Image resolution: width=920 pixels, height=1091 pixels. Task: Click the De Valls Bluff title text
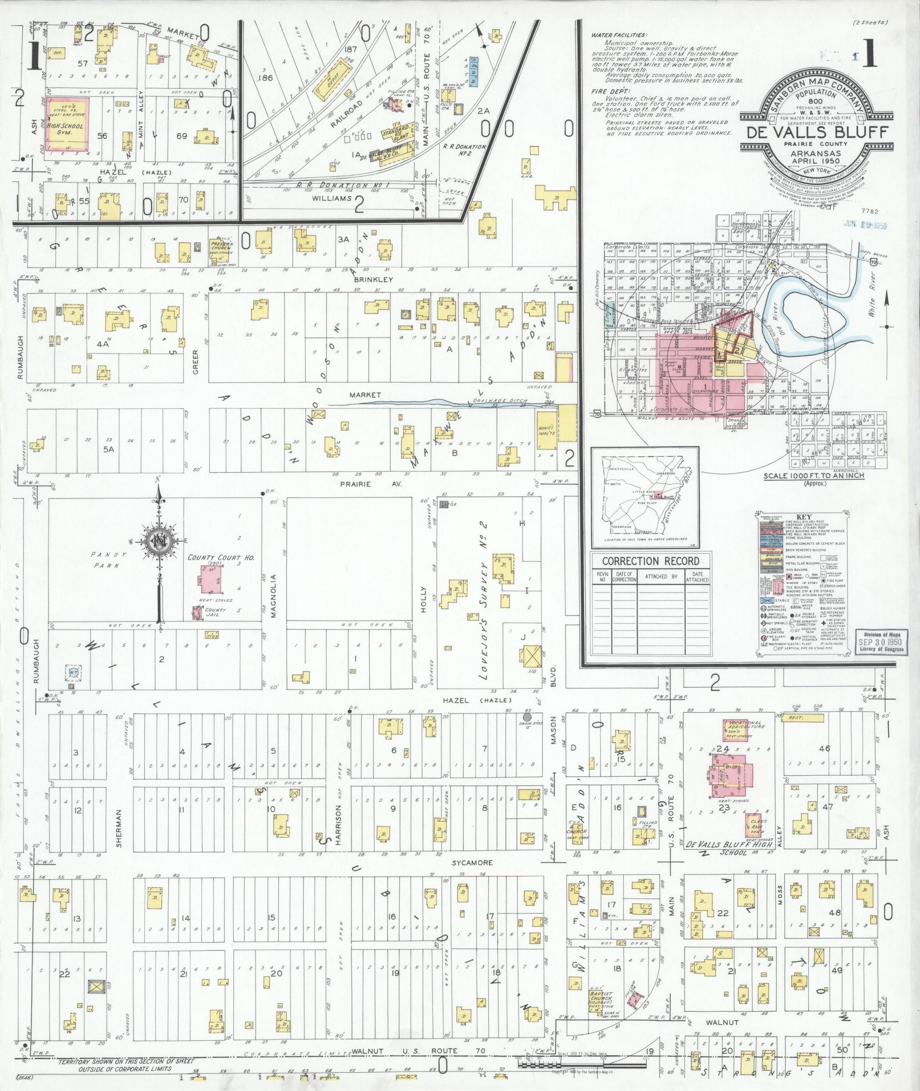(813, 132)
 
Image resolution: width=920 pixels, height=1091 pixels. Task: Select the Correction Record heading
(650, 561)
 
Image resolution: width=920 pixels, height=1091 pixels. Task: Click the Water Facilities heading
(619, 35)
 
